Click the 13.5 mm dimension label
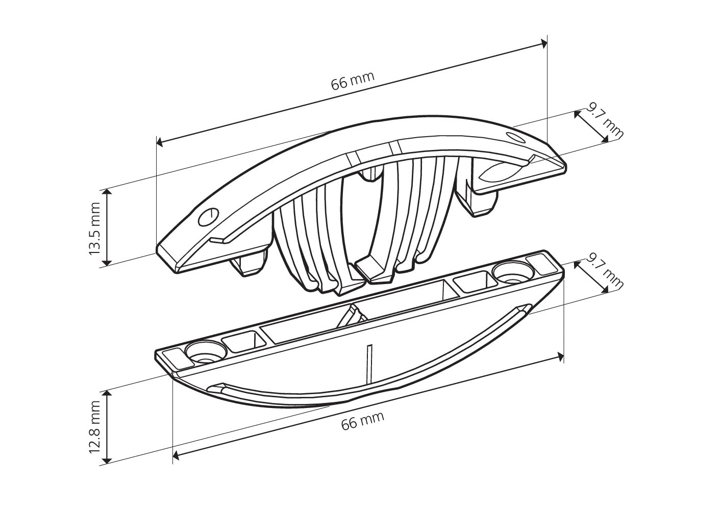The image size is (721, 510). click(94, 229)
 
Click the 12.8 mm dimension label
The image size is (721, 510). click(94, 427)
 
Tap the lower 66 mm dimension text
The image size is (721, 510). click(363, 420)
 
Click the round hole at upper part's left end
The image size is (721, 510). click(208, 217)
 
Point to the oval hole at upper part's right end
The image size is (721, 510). click(515, 137)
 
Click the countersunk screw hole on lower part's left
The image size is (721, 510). click(205, 351)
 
